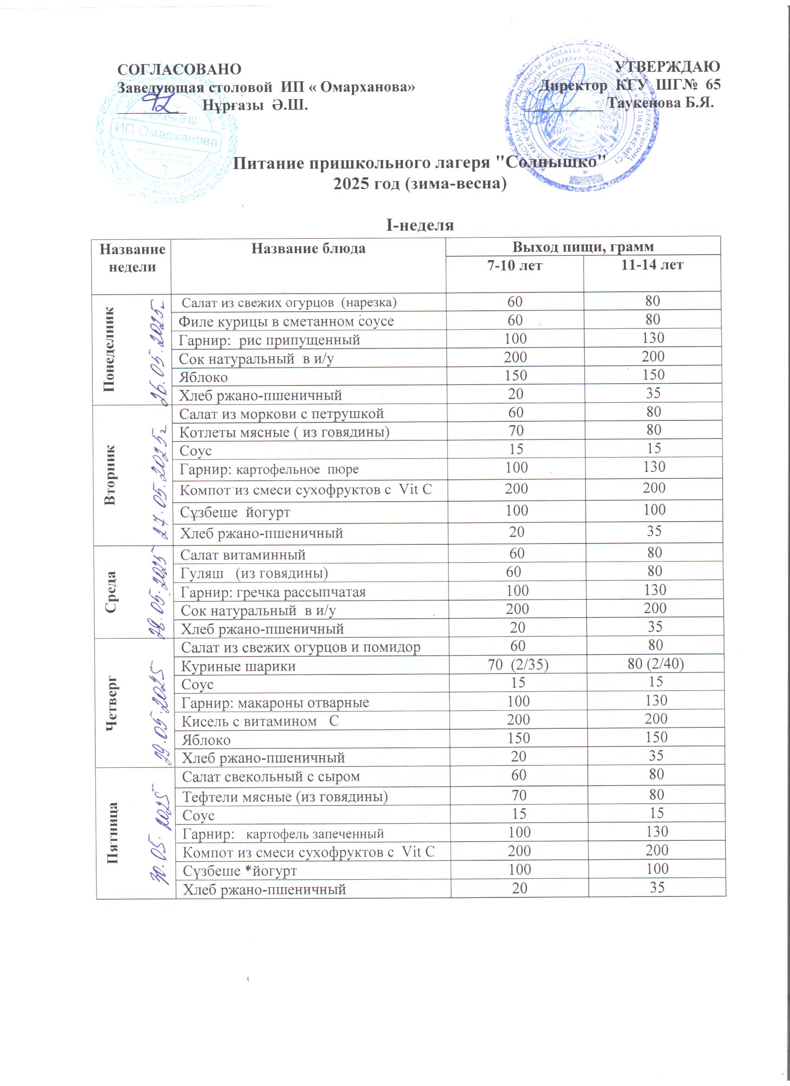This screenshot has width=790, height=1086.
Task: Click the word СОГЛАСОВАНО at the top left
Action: coord(179,69)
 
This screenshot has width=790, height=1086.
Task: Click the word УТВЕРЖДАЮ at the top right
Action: coord(667,66)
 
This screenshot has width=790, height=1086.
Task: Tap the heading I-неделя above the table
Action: coord(420,225)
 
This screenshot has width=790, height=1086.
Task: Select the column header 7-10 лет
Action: coord(514,265)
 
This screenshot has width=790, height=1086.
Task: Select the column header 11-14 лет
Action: coord(652,265)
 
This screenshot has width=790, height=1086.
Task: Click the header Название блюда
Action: coord(308,248)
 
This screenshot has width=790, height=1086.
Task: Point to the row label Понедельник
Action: coord(110,349)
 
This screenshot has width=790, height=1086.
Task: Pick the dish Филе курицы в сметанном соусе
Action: coord(286,321)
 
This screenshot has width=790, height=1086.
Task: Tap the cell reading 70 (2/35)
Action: coord(518,665)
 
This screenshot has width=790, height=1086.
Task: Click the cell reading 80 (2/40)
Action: coord(655,664)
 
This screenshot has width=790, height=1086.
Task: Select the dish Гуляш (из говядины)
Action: coord(254,573)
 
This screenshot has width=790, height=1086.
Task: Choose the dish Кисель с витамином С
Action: coord(260,721)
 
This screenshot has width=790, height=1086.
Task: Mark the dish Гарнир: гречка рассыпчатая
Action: coord(273,592)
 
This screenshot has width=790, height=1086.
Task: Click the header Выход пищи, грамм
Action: coord(583,247)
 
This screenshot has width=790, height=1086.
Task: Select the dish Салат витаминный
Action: coord(243,555)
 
